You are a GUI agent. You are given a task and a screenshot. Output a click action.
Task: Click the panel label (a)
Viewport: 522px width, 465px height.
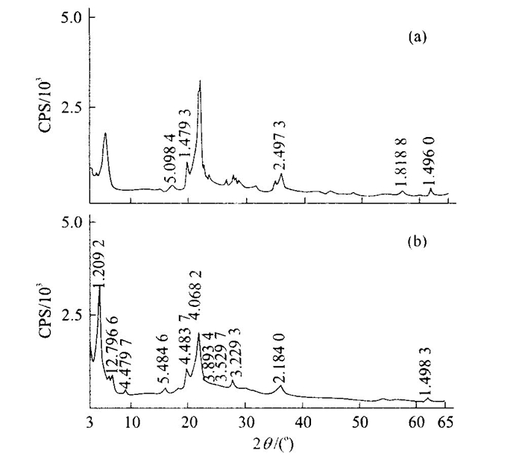tap(416, 37)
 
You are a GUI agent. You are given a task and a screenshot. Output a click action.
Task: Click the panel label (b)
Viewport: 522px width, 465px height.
tap(416, 242)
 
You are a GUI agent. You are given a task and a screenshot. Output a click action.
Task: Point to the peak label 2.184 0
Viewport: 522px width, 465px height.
tap(278, 356)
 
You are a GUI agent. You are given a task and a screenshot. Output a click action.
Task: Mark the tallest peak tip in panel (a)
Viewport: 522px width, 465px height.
tap(200, 80)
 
